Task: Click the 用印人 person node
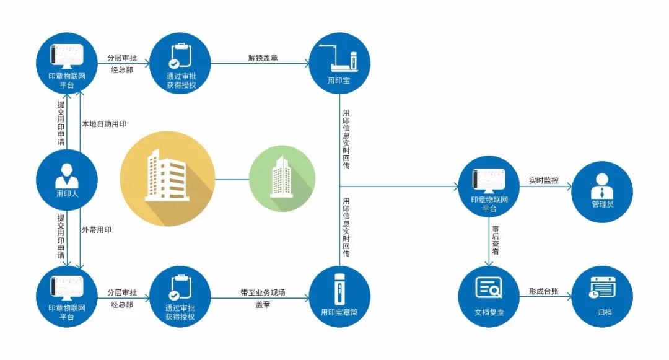(x=66, y=180)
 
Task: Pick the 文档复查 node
(x=489, y=297)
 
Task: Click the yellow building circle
(x=167, y=179)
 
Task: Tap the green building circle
(x=282, y=179)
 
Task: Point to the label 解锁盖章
(x=263, y=58)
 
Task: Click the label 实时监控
(x=543, y=181)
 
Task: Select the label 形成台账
(x=543, y=291)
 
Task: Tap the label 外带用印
(x=97, y=230)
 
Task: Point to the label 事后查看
(x=495, y=240)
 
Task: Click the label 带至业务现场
(x=263, y=292)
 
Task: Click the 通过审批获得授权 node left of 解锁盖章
(x=180, y=63)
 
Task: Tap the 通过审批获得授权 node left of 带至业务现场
(x=180, y=296)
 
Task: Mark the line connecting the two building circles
(x=232, y=179)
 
